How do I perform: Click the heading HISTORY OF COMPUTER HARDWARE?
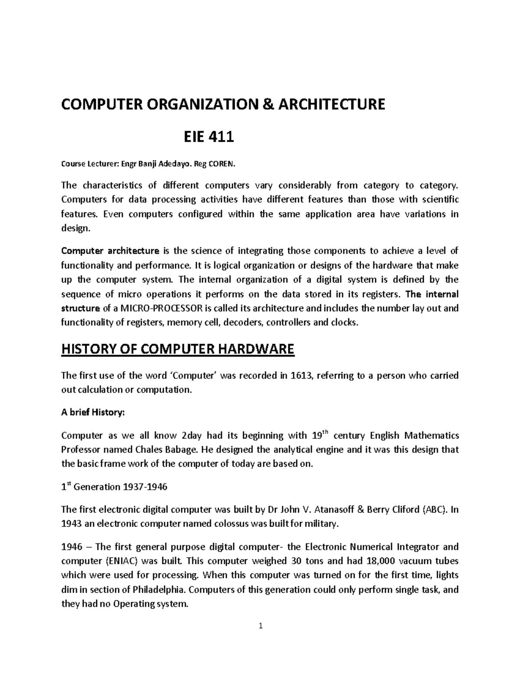pos(178,349)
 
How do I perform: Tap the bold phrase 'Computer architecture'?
pos(110,251)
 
